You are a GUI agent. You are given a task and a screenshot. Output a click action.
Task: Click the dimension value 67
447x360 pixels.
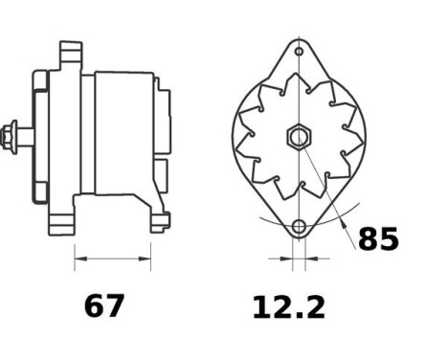click(x=104, y=306)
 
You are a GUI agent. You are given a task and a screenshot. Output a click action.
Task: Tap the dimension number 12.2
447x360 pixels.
click(x=288, y=306)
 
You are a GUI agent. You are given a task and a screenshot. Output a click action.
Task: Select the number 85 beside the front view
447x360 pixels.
click(x=377, y=238)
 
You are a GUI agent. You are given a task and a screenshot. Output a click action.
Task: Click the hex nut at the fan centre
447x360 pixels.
click(x=298, y=136)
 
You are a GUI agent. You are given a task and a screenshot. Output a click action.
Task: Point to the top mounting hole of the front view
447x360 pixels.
click(x=299, y=51)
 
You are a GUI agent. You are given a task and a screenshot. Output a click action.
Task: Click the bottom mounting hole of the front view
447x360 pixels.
click(x=299, y=227)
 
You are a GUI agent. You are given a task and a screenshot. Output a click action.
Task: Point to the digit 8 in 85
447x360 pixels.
click(x=367, y=238)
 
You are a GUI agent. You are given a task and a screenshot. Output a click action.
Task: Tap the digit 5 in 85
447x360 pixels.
click(x=388, y=238)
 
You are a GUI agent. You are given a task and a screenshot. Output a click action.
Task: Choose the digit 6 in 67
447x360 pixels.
click(x=94, y=306)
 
